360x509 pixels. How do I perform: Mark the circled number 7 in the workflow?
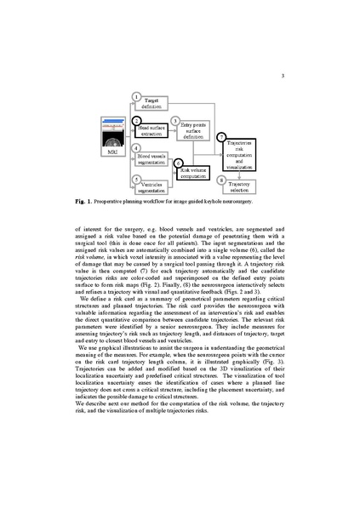point(221,136)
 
